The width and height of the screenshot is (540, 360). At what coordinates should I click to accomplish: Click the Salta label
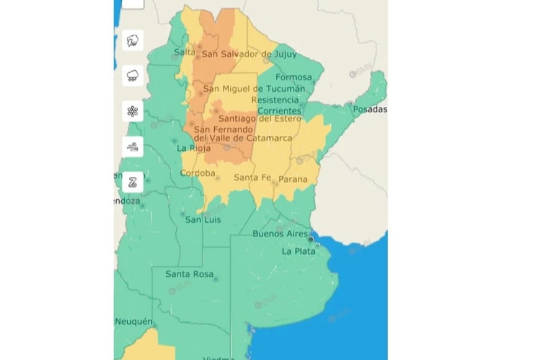184,52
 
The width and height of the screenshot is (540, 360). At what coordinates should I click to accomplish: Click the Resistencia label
275,100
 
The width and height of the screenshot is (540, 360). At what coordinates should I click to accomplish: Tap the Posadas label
370,110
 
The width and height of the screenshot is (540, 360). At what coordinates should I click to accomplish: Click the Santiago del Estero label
263,119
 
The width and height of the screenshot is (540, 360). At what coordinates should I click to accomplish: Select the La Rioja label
194,148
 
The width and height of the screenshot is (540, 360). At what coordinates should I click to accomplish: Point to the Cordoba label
197,173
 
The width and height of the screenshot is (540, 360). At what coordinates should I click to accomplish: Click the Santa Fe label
253,178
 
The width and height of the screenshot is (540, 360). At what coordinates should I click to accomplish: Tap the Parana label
293,179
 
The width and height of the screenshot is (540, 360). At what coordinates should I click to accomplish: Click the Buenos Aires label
280,234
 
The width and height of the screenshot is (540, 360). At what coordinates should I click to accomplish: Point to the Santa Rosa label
189,274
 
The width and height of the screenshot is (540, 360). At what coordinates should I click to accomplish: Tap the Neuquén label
133,321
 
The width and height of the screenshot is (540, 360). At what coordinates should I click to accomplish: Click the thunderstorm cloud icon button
133,76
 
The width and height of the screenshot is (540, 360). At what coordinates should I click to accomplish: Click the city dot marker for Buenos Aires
311,236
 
